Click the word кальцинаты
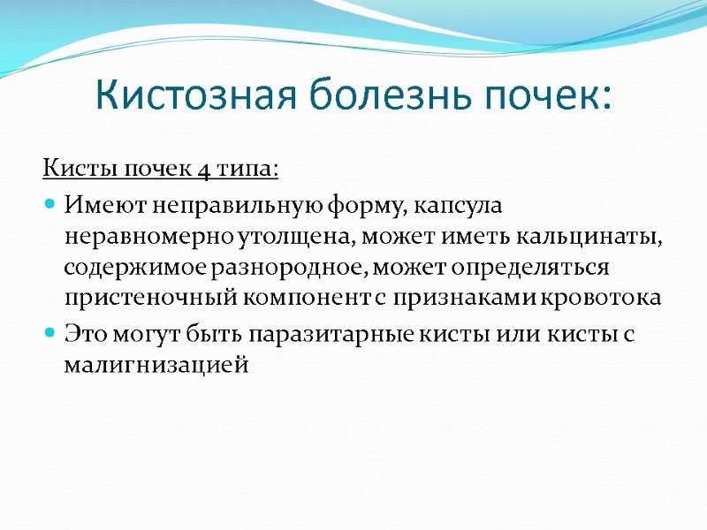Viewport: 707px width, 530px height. point(591,236)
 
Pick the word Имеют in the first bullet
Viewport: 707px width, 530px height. point(95,205)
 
